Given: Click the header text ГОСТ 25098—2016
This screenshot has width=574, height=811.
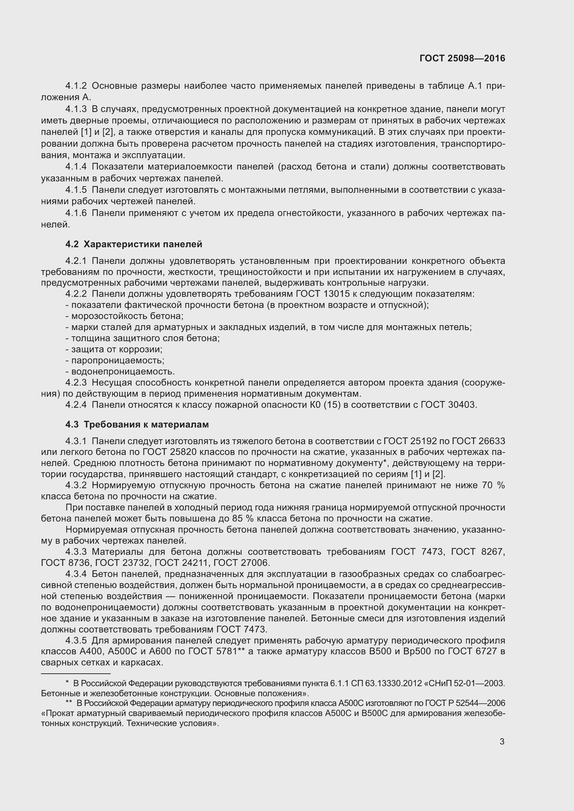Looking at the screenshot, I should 462,59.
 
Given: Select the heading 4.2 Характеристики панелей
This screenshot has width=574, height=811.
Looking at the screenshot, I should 134,244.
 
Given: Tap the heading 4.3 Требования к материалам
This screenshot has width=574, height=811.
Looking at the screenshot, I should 137,425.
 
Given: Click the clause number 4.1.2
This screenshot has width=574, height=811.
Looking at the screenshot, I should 76,86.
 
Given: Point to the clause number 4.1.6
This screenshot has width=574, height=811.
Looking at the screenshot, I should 76,213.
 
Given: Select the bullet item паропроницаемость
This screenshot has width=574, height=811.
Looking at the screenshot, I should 115,361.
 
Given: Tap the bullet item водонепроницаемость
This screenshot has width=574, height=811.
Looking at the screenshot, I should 120,372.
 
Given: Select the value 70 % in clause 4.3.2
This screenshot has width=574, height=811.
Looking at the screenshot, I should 493,485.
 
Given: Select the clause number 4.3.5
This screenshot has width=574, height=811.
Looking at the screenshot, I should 76,640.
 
